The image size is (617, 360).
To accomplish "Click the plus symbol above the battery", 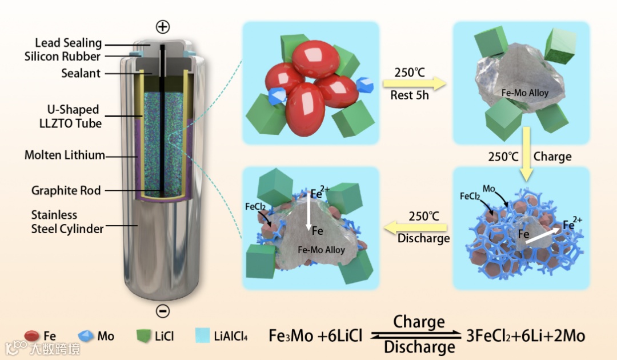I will [163, 27].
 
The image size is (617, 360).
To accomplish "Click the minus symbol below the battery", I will [163, 311].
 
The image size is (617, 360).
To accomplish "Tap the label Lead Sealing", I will [68, 43].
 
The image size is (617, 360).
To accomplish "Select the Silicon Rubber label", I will [62, 57].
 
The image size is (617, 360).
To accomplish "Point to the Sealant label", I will [81, 73].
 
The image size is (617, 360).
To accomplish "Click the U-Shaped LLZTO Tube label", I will [73, 116].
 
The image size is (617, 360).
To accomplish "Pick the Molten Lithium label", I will [65, 155].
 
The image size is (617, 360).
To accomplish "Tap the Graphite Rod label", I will [66, 191].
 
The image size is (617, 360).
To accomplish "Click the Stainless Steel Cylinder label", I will [67, 222].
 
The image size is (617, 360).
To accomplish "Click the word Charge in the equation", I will [419, 322].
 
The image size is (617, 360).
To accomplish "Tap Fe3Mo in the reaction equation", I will [291, 336].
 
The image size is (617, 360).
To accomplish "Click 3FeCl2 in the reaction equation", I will [494, 336].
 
